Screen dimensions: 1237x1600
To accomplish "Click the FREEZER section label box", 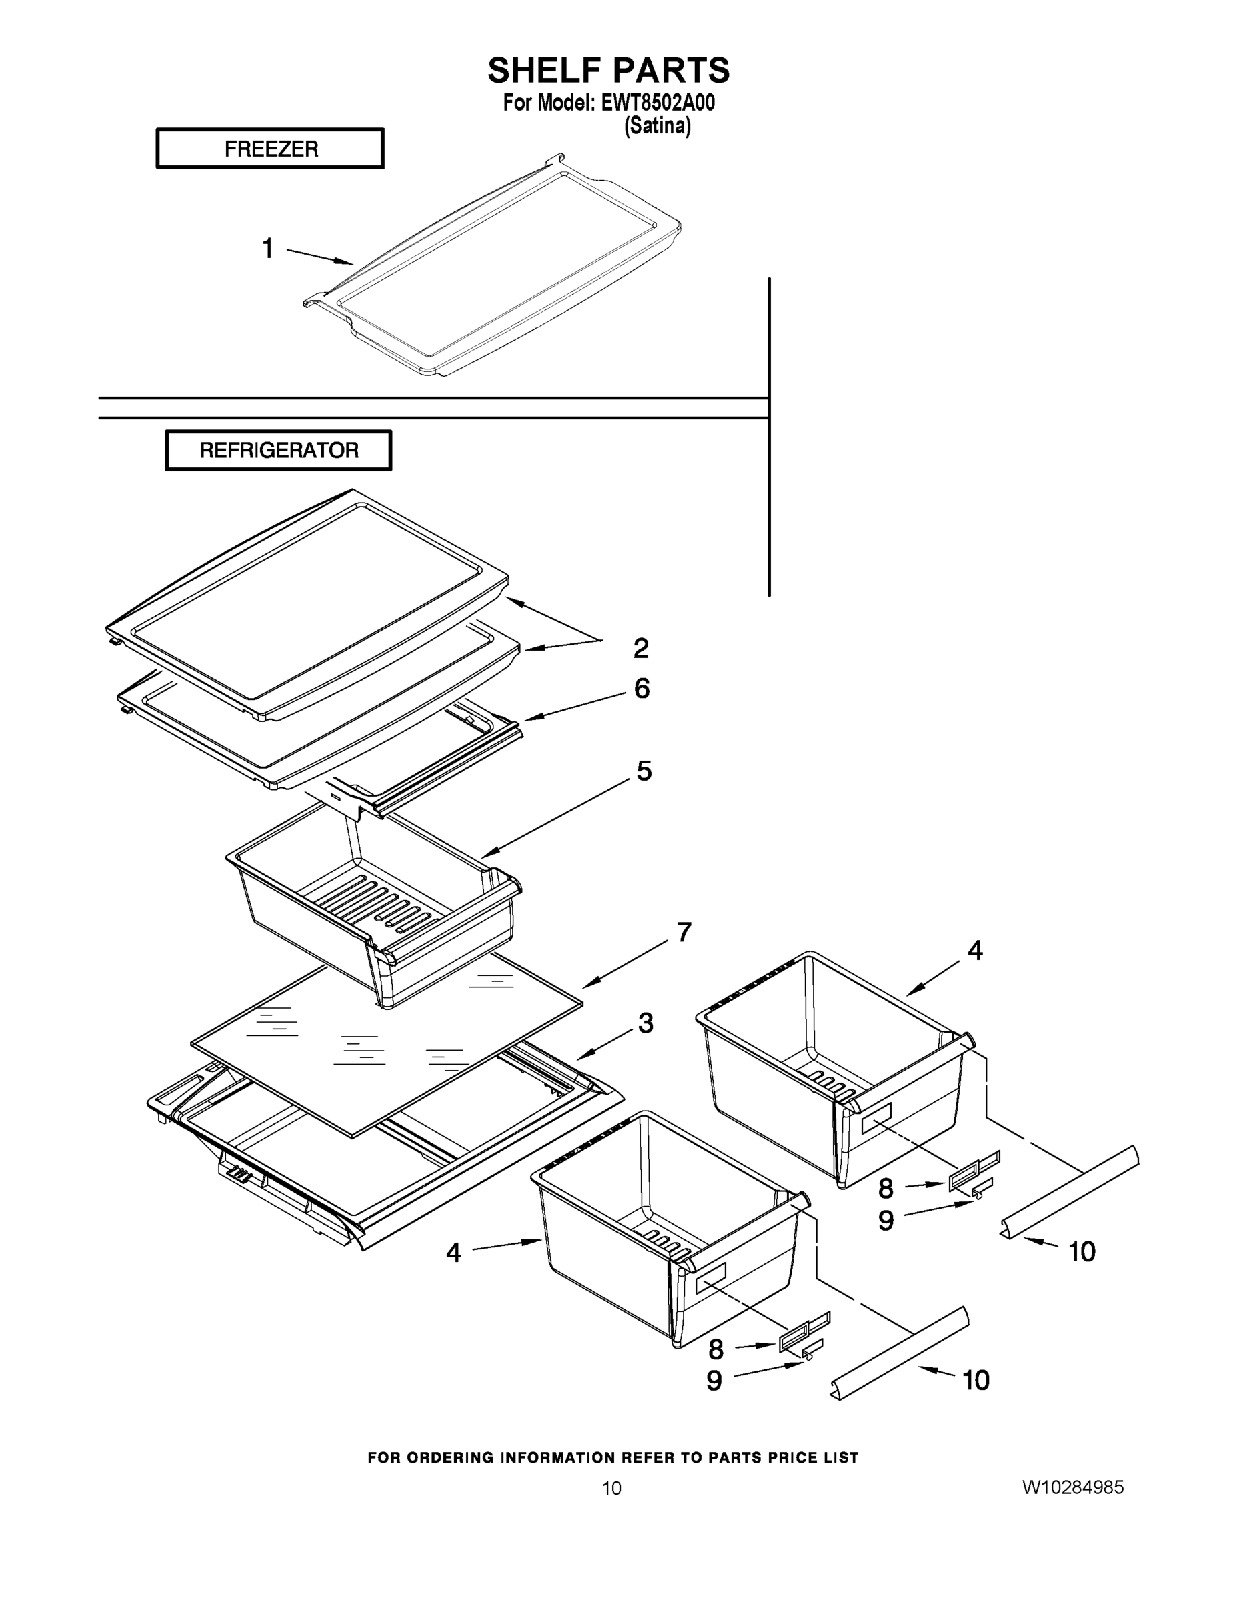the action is (x=269, y=149).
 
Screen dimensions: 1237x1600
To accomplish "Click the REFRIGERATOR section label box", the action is (x=279, y=450).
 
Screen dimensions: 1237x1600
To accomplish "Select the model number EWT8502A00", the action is (x=658, y=103).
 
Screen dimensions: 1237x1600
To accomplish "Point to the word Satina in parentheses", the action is (x=657, y=127).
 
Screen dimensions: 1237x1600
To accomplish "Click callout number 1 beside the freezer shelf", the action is (x=268, y=249).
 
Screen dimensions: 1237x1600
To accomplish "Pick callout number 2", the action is (x=640, y=647).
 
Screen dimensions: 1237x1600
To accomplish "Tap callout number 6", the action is (x=642, y=688).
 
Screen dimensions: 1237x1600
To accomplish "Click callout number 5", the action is (x=644, y=771).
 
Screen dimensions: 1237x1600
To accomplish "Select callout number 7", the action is (x=683, y=933).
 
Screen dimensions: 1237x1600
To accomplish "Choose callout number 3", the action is (x=645, y=1023).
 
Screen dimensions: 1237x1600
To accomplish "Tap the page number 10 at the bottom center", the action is (x=611, y=1488).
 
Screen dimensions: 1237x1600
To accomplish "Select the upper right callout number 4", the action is (x=975, y=951).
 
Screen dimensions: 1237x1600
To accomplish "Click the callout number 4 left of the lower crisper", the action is (x=453, y=1253).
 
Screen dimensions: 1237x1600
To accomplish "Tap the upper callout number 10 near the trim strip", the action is (x=1082, y=1251).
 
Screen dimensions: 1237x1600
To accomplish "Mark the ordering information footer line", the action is (x=613, y=1458).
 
